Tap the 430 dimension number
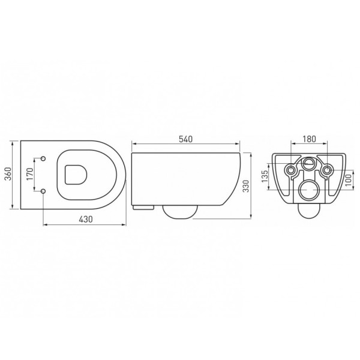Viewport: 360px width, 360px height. pos(85,220)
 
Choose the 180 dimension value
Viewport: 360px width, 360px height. pos(309,139)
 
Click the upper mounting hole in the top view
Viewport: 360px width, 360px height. pos(44,158)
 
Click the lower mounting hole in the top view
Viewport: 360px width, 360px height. pos(44,191)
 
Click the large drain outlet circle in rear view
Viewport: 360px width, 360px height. pos(310,190)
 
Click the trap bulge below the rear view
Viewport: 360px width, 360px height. pos(310,209)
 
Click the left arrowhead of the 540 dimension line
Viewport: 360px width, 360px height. pos(133,145)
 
